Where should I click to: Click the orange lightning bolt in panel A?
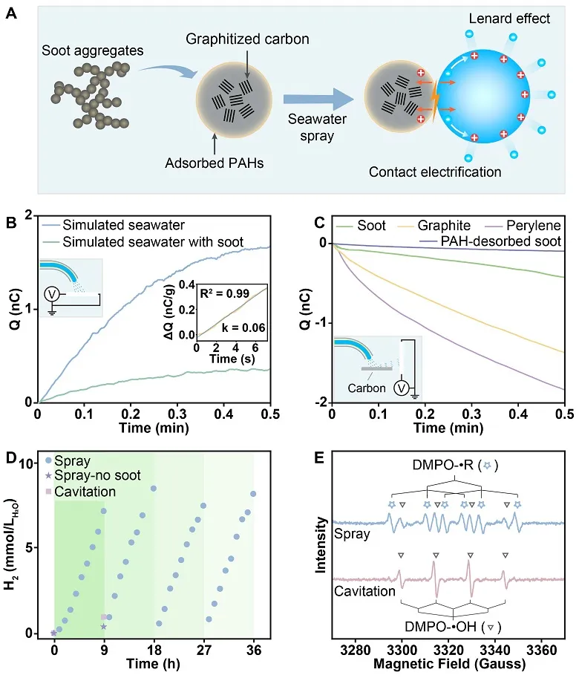click(x=436, y=102)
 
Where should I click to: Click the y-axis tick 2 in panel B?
click(x=27, y=216)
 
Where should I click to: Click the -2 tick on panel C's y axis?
click(x=320, y=402)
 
